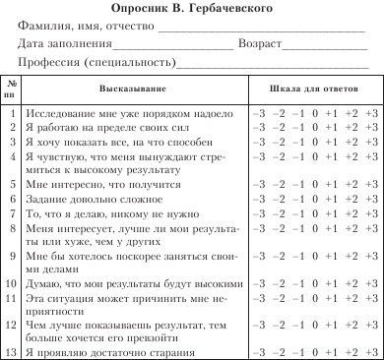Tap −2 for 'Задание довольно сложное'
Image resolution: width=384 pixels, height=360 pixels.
tap(277, 199)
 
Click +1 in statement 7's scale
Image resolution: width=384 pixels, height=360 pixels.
tap(332, 213)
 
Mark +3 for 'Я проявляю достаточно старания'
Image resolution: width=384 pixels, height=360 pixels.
tap(370, 350)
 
